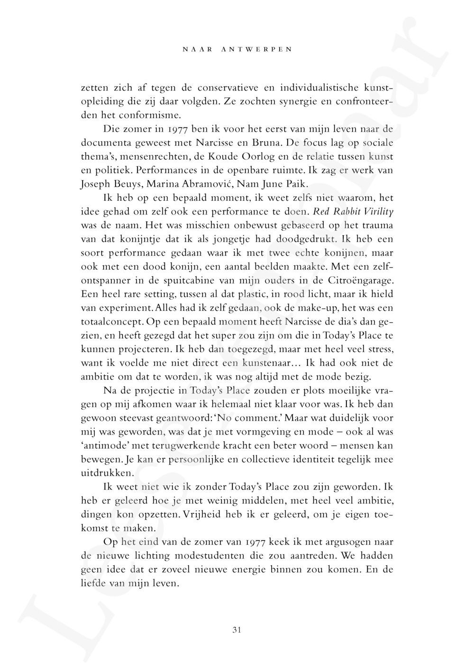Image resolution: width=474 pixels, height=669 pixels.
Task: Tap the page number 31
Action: pyautogui.click(x=237, y=630)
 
